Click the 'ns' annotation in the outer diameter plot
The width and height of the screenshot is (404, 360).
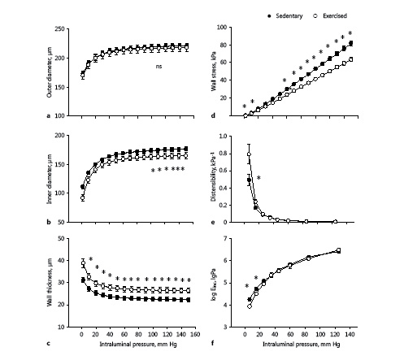(x=160, y=69)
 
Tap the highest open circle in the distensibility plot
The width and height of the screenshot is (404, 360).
(x=249, y=154)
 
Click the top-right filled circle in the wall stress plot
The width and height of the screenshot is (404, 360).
(x=350, y=43)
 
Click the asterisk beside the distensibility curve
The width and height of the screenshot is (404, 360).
(x=258, y=178)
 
